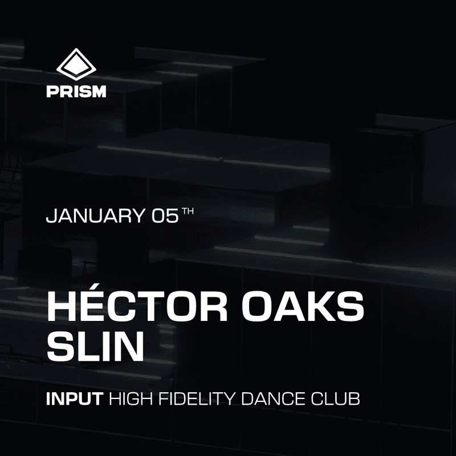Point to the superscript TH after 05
click(188, 212)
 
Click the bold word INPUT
click(74, 398)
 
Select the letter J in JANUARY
click(51, 217)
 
